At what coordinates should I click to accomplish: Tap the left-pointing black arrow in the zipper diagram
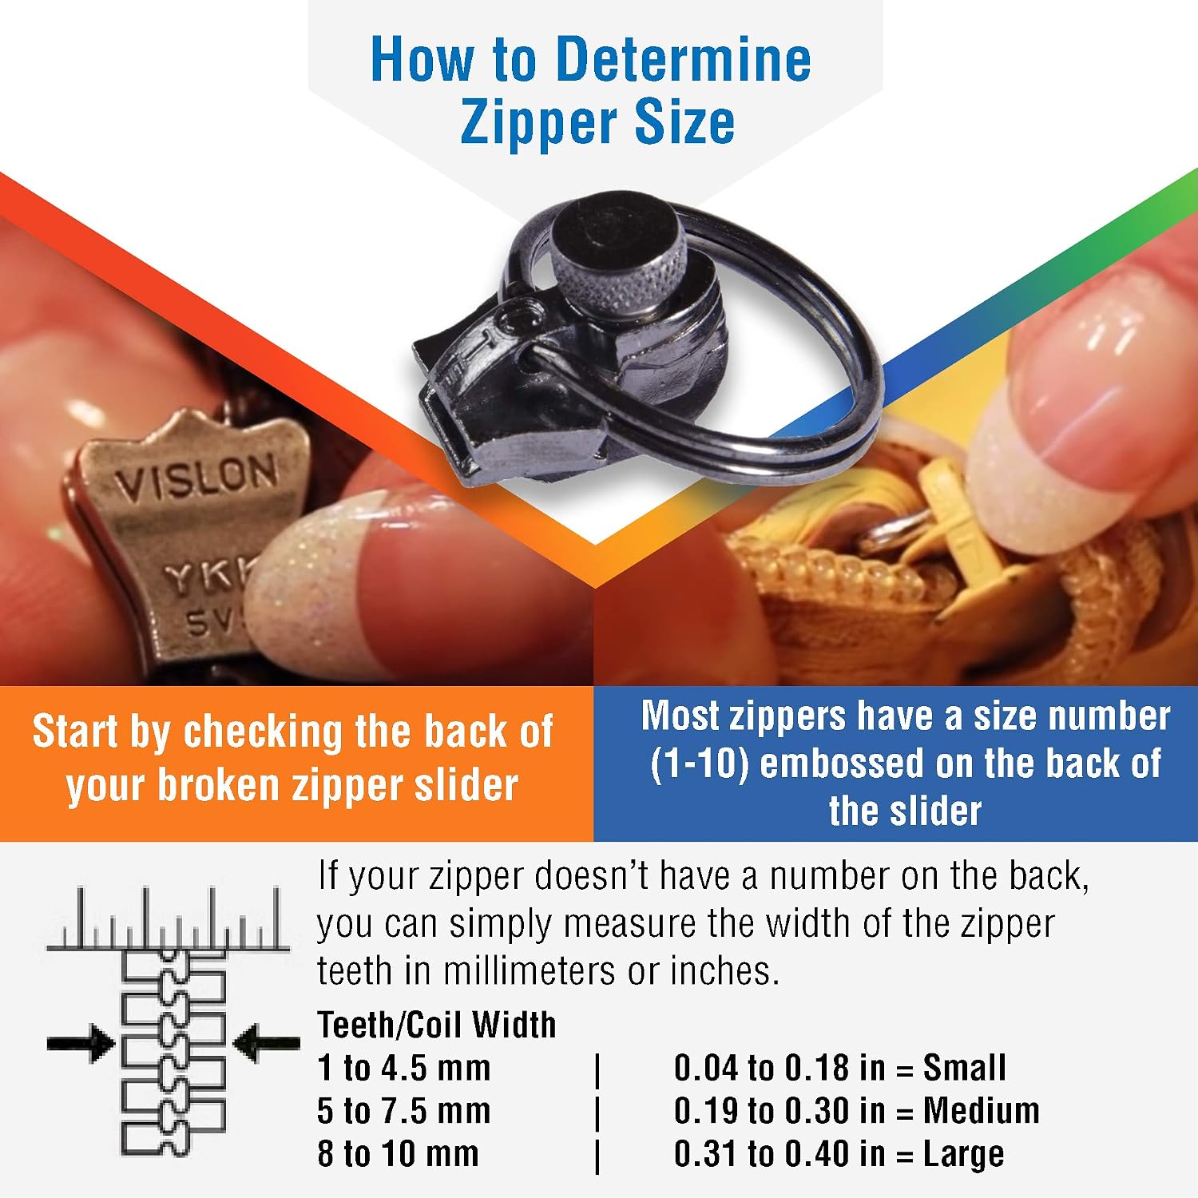[267, 1042]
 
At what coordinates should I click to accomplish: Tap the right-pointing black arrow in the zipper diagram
[81, 1042]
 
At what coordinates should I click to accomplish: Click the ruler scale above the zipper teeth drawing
[168, 918]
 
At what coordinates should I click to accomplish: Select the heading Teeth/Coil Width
[436, 1025]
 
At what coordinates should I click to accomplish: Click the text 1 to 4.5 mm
[403, 1068]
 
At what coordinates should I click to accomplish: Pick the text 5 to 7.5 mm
[403, 1111]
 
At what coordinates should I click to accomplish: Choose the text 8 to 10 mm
[398, 1154]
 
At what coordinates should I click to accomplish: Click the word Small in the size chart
[964, 1068]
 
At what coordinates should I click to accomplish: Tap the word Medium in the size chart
[982, 1111]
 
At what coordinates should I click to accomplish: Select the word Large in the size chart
[963, 1155]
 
